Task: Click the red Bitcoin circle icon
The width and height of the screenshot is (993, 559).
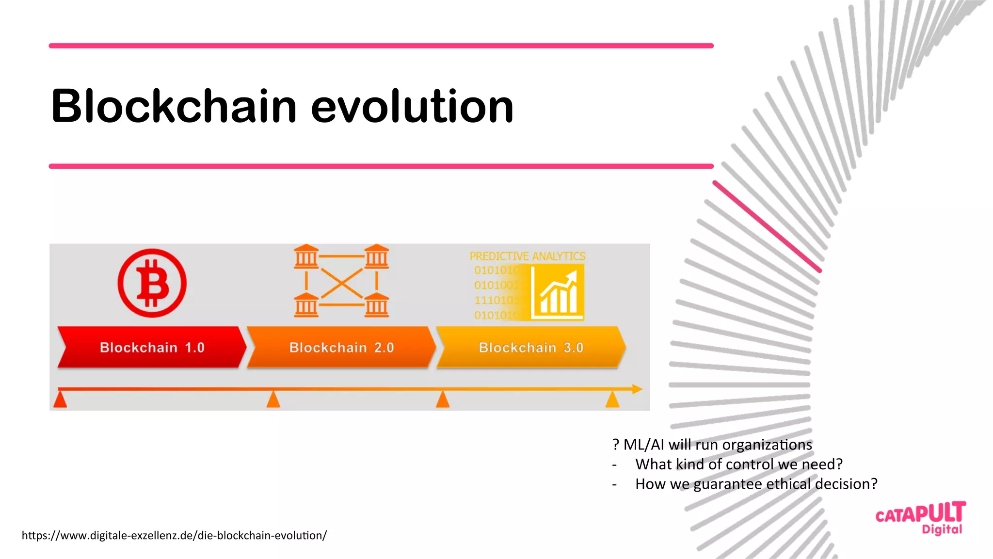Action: tap(152, 283)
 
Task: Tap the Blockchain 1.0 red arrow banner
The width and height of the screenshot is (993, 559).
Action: tap(152, 347)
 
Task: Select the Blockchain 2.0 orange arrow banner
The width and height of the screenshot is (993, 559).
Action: tap(341, 347)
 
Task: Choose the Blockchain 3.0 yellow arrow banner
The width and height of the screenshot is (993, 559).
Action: tap(531, 347)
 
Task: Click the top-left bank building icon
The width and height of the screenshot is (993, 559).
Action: tap(306, 256)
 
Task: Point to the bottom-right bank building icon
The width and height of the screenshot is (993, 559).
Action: tap(377, 305)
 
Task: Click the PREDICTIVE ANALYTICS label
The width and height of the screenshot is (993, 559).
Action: tap(527, 256)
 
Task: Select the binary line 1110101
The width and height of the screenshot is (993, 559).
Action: tap(496, 300)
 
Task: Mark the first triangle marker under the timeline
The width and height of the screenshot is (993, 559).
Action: tap(60, 400)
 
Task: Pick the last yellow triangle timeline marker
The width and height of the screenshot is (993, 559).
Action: tap(612, 400)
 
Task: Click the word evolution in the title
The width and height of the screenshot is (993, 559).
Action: tap(412, 106)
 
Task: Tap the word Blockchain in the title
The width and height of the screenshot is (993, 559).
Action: tap(174, 106)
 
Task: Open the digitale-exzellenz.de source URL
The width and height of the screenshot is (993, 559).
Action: tap(174, 535)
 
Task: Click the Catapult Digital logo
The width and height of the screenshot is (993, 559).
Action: tap(920, 518)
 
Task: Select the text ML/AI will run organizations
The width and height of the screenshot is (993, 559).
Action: tap(717, 445)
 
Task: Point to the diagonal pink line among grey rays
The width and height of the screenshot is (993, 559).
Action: tap(767, 226)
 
